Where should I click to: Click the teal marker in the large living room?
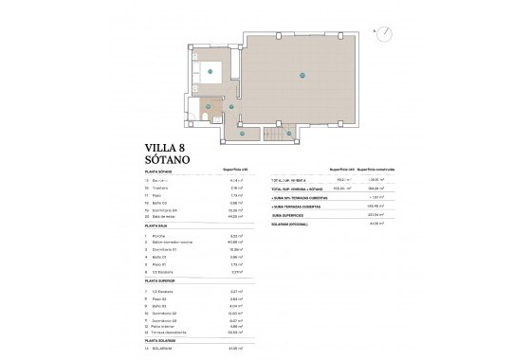tap(304, 76)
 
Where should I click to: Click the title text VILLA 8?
tap(170, 148)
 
